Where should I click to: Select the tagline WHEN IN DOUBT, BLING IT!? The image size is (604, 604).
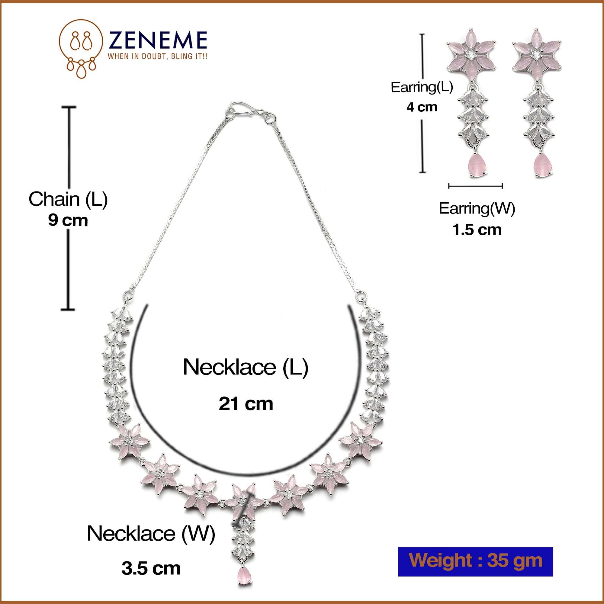coord(158,56)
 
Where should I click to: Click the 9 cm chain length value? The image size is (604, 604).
coord(68,220)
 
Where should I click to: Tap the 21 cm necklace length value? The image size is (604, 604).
coord(246,403)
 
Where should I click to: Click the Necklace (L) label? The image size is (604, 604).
coord(246,367)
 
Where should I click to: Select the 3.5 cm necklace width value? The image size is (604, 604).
coord(151,568)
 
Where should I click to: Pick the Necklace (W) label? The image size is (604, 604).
coord(151,533)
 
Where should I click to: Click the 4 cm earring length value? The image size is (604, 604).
coord(422,107)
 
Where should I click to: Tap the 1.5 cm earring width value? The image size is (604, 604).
coord(477,230)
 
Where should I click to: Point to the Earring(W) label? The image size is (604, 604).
coord(477,208)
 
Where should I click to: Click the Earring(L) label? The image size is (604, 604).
coord(422,87)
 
